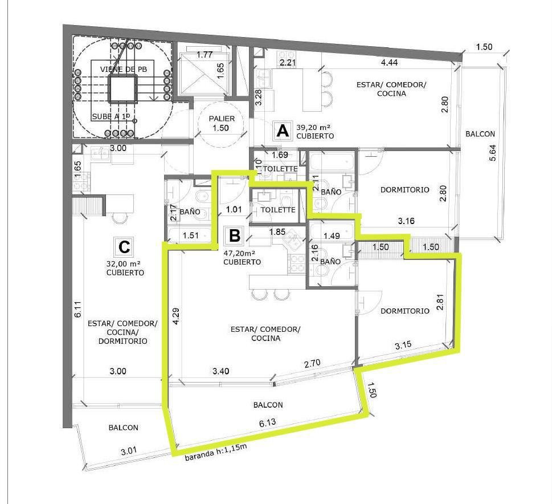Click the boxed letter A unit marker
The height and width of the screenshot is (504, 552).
coord(283,131)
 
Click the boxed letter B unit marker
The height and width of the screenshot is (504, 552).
coord(235,235)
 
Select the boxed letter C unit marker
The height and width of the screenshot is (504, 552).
coord(125,247)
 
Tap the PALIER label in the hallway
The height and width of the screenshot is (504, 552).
coord(222,119)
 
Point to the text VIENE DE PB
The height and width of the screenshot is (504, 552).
coord(123,69)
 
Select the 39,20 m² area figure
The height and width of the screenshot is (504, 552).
coord(313,127)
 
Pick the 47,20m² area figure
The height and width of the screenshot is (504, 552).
coord(239,253)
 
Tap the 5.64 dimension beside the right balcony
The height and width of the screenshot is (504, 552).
coord(493,153)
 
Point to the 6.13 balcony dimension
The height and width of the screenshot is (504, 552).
coord(268,422)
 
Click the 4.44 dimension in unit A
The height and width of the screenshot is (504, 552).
coord(389,62)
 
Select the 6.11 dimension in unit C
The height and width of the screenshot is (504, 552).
coord(78,309)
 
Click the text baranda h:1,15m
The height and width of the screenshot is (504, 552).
coord(216,452)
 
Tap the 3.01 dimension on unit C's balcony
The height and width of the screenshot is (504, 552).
coord(129,451)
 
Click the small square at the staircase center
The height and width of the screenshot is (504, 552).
coord(121,89)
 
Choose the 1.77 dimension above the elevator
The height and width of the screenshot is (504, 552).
coord(204,55)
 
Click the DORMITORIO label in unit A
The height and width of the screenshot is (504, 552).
coord(405,190)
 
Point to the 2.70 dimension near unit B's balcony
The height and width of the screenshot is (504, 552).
coord(312,363)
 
